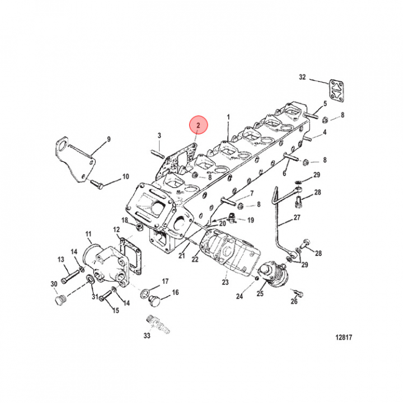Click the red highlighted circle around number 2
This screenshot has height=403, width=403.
click(x=198, y=125)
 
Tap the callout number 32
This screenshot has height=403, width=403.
click(x=302, y=77)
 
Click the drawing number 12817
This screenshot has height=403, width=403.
click(x=344, y=337)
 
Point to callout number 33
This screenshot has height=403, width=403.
click(x=147, y=335)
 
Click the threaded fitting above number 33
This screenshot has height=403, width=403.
click(x=158, y=325)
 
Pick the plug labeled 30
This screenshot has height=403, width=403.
click(x=60, y=300)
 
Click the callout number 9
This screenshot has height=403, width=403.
click(x=109, y=139)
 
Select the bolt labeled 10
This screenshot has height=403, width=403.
click(x=97, y=184)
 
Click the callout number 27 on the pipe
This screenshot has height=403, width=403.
click(x=297, y=217)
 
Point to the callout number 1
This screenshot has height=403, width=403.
click(x=228, y=117)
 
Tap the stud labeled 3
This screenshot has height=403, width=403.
click(x=156, y=154)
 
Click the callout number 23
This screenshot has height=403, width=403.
click(x=225, y=282)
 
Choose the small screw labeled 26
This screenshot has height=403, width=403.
click(x=298, y=293)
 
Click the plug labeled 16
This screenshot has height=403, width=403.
click(x=154, y=300)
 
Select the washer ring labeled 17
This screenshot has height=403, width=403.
click(x=145, y=294)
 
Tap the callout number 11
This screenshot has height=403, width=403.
click(x=88, y=234)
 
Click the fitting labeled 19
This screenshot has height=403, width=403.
click(x=232, y=218)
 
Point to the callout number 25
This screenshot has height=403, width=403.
click(x=260, y=293)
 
